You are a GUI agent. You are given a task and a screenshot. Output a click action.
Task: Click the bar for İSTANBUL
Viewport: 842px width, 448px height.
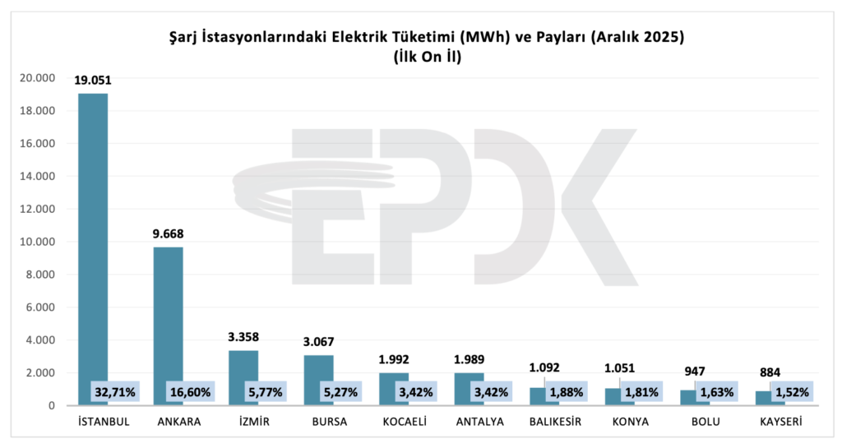click(x=93, y=247)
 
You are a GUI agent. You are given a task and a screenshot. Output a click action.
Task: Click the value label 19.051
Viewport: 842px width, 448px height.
click(x=93, y=81)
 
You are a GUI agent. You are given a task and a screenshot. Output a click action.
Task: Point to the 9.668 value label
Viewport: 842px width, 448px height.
click(x=169, y=233)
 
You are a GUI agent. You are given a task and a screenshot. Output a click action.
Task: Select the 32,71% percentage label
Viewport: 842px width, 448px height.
click(x=113, y=392)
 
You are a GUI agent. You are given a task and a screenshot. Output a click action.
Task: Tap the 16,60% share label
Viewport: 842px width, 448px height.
click(x=189, y=392)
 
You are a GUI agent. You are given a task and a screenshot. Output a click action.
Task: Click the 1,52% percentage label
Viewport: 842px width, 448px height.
click(x=793, y=392)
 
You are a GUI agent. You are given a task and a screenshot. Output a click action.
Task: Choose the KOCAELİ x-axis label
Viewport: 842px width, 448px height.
click(x=395, y=423)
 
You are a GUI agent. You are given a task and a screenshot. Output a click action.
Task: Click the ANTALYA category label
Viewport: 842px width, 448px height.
click(x=470, y=423)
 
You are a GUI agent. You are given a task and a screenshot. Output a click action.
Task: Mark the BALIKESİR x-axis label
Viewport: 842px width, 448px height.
click(x=546, y=423)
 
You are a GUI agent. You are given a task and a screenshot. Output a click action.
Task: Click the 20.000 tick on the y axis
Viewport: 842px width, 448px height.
click(x=37, y=78)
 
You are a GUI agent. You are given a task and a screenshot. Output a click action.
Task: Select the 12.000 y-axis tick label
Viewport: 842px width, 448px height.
click(x=37, y=209)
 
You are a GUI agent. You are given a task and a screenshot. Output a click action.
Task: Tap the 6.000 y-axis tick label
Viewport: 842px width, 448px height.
click(x=40, y=307)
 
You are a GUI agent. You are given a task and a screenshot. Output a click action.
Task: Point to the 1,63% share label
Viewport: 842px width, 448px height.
click(x=717, y=392)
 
